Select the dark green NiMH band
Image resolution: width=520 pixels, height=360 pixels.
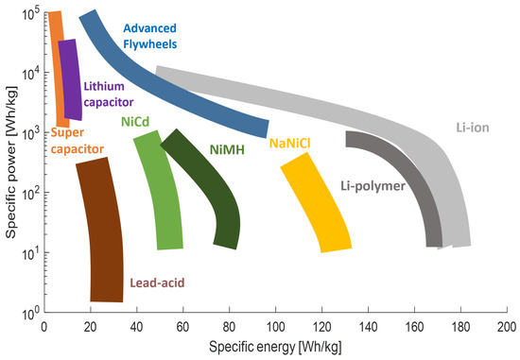point(203,189)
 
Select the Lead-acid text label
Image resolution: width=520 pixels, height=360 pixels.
point(156,283)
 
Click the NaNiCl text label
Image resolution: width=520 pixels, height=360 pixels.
point(292,144)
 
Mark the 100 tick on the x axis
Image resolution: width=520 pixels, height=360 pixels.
point(275,325)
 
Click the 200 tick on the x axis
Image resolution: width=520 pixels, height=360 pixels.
point(506,325)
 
